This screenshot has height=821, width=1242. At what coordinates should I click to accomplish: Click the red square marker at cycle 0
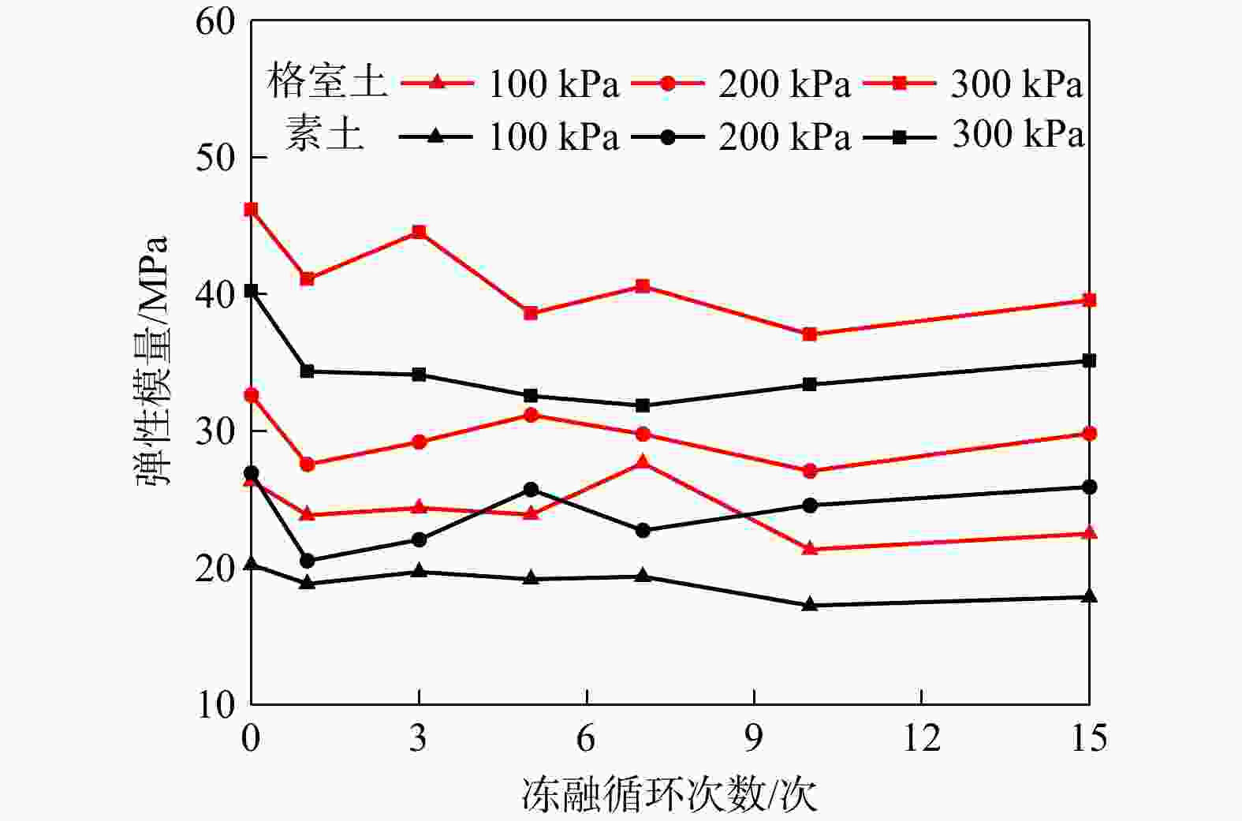[251, 210]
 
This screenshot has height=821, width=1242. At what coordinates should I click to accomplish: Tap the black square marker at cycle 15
[1089, 360]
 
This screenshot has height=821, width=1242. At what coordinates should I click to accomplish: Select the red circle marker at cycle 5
[531, 415]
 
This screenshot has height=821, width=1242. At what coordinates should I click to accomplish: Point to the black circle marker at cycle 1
[308, 561]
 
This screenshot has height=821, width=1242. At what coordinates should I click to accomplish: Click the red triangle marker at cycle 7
[643, 462]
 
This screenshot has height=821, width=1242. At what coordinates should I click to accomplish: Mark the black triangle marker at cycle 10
[809, 605]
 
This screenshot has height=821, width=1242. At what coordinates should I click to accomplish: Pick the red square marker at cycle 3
[419, 232]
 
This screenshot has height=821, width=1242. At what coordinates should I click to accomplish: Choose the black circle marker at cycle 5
[531, 490]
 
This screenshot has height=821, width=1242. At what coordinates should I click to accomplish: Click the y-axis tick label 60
[215, 21]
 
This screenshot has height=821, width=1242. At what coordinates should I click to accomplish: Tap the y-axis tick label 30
[215, 431]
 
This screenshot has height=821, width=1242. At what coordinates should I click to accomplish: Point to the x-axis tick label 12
[921, 738]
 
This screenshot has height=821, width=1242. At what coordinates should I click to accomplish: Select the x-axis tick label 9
[754, 738]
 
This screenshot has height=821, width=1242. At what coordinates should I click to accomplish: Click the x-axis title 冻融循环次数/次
[669, 794]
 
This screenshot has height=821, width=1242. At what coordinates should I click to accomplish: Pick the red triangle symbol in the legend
[436, 81]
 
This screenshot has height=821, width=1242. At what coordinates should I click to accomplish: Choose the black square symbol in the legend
[899, 136]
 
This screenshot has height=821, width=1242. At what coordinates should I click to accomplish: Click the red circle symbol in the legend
[667, 82]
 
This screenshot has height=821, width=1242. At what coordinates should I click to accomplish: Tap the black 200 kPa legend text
[785, 136]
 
